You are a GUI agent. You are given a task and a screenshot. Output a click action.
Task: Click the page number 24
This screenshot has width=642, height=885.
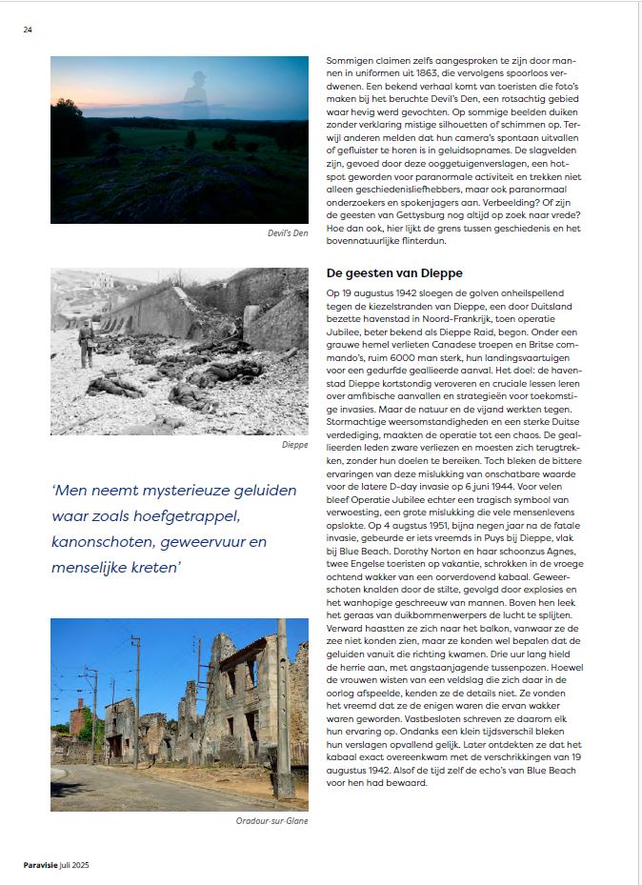(28, 30)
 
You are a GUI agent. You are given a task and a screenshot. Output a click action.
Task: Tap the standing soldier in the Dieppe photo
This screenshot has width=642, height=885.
(85, 341)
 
